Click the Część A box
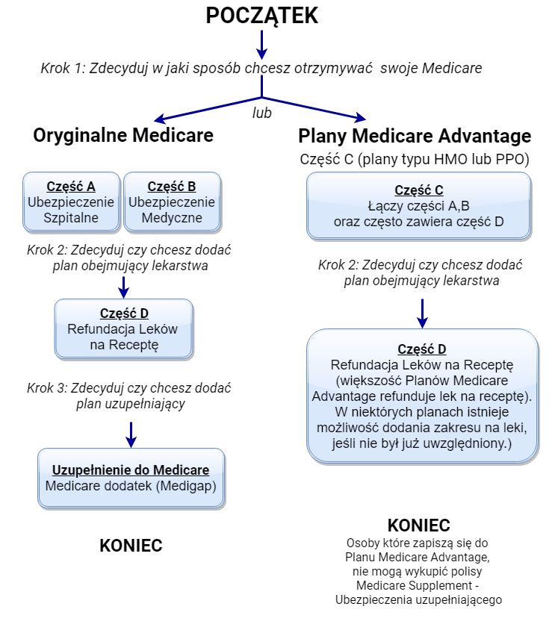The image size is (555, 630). click(x=71, y=202)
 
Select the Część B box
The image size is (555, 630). click(x=172, y=202)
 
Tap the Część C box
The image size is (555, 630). click(x=418, y=206)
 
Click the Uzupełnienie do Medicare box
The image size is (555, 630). click(x=131, y=478)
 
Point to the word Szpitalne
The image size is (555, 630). click(x=71, y=219)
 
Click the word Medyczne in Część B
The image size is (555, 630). click(x=172, y=219)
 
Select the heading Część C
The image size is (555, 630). click(x=418, y=190)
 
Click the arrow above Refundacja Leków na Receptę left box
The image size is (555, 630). click(x=124, y=288)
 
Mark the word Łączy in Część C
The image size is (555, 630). click(x=384, y=207)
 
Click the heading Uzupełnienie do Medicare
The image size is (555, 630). click(x=131, y=470)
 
